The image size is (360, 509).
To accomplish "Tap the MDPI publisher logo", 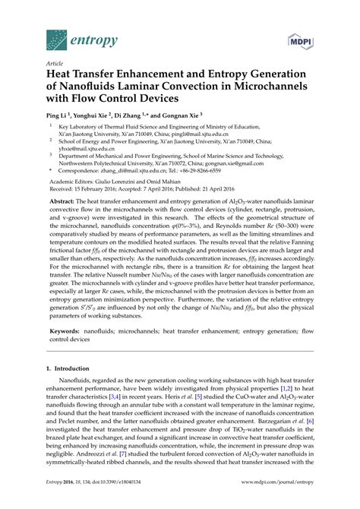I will click(301, 39).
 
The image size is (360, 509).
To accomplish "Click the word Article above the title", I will click(54, 63).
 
